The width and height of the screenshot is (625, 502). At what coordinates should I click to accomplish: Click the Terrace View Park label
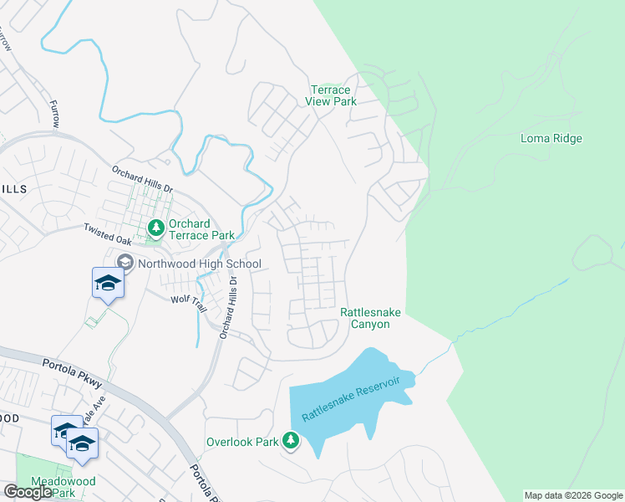(x=333, y=95)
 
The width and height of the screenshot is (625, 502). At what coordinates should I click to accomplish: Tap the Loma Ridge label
(x=551, y=138)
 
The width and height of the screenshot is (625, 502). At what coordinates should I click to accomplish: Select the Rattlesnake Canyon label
(x=370, y=318)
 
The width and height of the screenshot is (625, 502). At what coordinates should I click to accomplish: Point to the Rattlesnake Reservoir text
(x=351, y=399)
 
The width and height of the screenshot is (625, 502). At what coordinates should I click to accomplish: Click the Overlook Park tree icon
(x=290, y=440)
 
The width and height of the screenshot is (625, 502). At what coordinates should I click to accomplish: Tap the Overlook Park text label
(x=241, y=441)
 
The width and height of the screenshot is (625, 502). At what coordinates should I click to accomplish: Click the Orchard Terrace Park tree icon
(x=155, y=227)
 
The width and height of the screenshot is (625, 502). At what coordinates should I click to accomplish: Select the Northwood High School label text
(x=200, y=264)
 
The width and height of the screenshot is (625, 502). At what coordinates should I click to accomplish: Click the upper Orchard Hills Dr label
(x=142, y=179)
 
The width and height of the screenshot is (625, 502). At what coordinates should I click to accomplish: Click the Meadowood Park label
(x=64, y=487)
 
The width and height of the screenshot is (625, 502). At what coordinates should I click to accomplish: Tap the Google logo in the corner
(x=28, y=492)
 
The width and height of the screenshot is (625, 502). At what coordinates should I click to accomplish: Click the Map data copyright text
(x=573, y=495)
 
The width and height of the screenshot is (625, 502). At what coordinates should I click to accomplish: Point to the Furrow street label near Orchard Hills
(x=55, y=114)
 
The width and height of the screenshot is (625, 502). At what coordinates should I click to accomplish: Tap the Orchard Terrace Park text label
(x=201, y=229)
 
